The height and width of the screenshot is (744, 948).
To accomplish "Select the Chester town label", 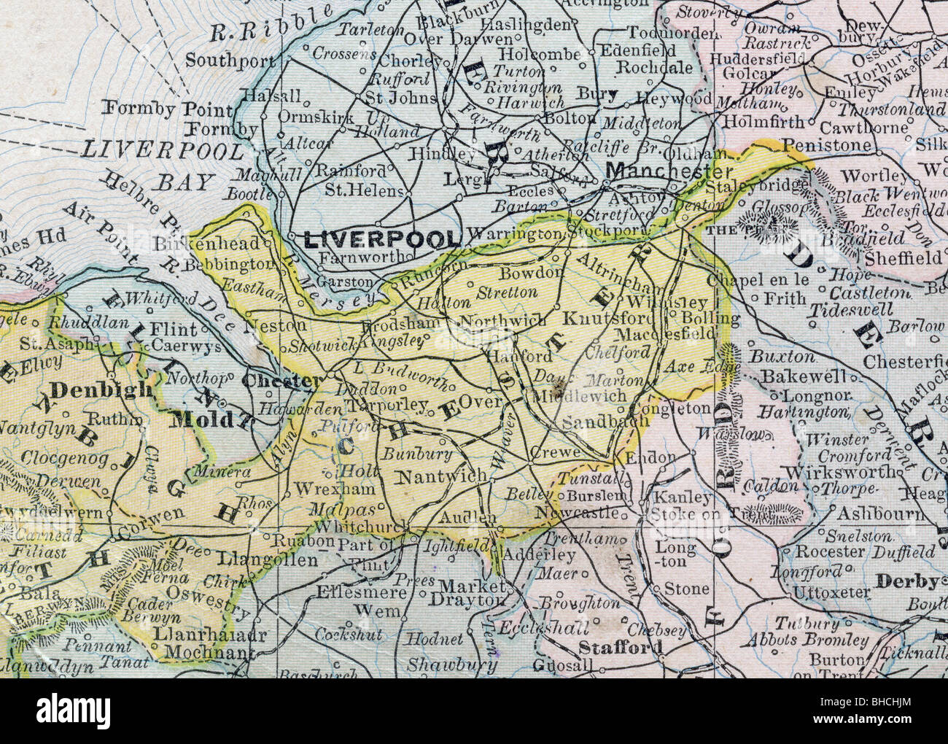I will [x=280, y=380].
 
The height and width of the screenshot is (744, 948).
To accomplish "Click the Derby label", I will [x=906, y=581].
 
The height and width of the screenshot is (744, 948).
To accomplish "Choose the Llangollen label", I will [x=268, y=560].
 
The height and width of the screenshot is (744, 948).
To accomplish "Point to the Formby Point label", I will [x=168, y=109].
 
